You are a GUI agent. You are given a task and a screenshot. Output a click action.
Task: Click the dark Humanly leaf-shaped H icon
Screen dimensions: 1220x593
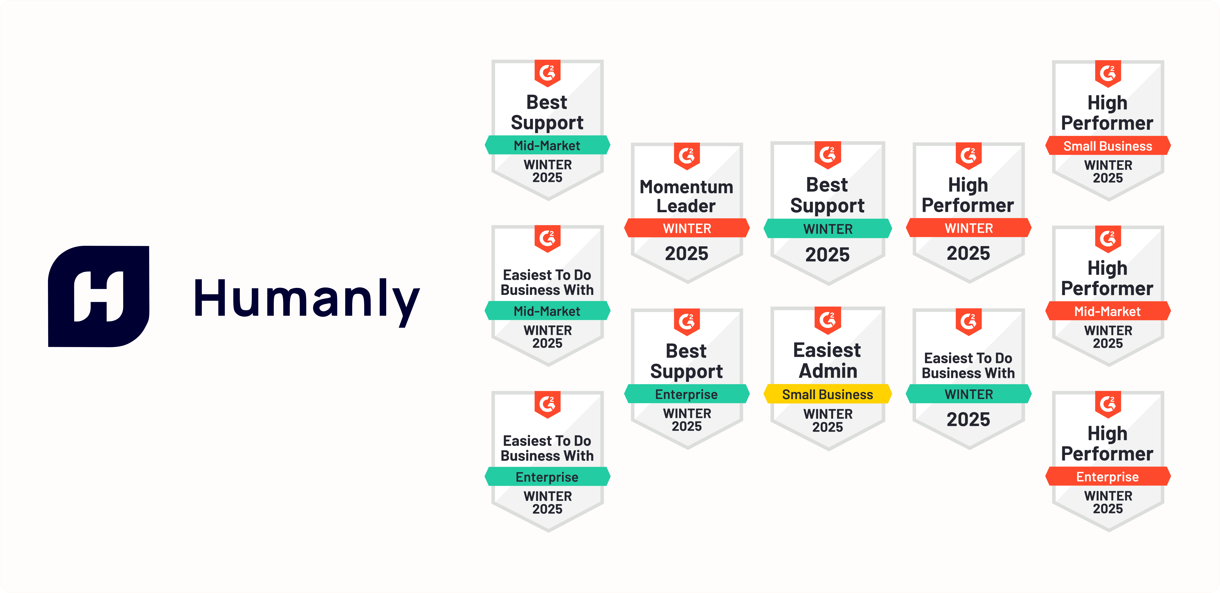(x=99, y=296)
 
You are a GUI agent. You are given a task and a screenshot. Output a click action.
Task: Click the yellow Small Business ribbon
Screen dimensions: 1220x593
(x=827, y=394)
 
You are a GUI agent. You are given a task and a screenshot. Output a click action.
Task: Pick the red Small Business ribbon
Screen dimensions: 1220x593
(x=1108, y=146)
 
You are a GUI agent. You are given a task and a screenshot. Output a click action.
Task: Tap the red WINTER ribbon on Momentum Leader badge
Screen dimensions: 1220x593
(x=687, y=228)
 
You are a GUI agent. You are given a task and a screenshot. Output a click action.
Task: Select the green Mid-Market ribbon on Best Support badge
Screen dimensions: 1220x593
(x=547, y=145)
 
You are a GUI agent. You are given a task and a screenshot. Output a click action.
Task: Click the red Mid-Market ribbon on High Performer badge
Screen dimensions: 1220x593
(x=1108, y=311)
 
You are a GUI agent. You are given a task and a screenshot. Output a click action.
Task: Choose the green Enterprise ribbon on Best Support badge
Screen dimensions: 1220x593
(x=687, y=394)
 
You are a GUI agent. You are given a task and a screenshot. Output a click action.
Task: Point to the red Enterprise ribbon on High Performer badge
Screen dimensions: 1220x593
(x=1108, y=476)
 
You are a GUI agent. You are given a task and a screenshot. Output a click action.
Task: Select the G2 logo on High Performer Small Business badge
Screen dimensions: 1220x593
(x=1108, y=73)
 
